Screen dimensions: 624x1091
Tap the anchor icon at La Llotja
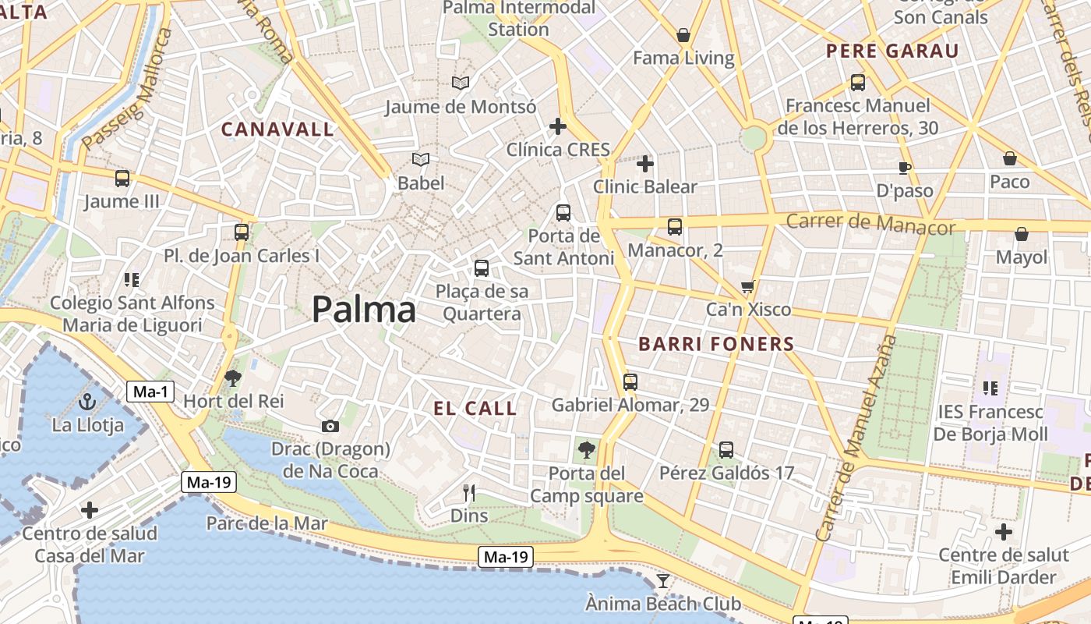click(87, 402)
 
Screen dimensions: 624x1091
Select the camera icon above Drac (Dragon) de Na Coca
click(330, 426)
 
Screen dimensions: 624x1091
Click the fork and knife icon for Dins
click(469, 492)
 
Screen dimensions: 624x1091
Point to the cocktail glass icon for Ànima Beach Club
click(663, 580)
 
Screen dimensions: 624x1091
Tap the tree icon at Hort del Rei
click(232, 378)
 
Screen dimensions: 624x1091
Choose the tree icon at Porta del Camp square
click(587, 450)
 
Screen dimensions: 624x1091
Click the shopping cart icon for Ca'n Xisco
click(748, 287)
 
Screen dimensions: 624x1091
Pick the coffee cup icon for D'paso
click(904, 168)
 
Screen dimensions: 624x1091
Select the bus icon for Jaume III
click(122, 179)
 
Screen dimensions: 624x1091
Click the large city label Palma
click(364, 310)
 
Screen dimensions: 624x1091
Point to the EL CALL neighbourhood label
click(475, 408)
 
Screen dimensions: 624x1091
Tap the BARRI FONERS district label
click(716, 344)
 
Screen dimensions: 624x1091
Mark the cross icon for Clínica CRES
click(558, 126)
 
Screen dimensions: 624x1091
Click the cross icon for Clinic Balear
click(644, 164)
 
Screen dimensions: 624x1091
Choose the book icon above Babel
click(421, 160)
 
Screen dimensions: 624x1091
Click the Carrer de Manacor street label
click(870, 224)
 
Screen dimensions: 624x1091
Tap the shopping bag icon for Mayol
click(1022, 234)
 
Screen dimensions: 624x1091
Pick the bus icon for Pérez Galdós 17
click(726, 450)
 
